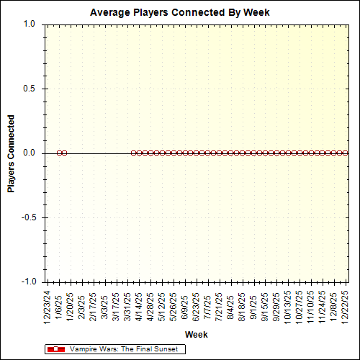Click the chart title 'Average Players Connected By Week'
[x=180, y=13]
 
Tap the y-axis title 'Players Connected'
[x=12, y=153]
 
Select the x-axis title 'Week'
[x=196, y=335]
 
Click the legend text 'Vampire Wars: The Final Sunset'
[x=127, y=349]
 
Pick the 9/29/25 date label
[x=276, y=305]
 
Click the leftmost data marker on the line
[x=59, y=153]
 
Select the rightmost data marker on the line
[x=346, y=153]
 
